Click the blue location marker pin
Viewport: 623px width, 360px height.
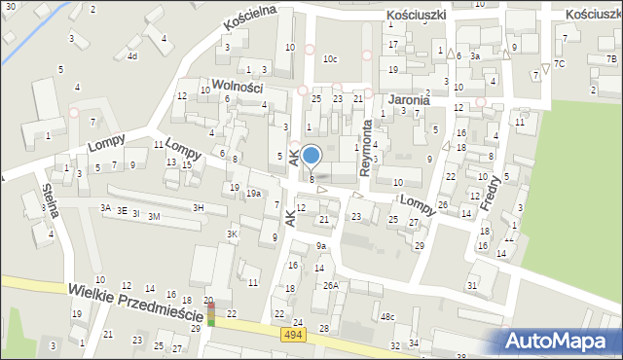tap(311, 156)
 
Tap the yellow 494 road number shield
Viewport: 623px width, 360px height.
tap(293, 335)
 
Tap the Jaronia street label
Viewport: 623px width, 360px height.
tap(408, 99)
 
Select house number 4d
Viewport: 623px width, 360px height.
tap(131, 56)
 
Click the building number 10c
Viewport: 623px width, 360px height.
tap(331, 59)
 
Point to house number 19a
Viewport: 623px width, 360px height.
tap(253, 194)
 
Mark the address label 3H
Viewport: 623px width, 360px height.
tap(198, 207)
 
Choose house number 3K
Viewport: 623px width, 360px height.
tap(232, 234)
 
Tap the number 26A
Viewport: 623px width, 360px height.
tap(331, 285)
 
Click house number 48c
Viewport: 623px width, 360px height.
tap(387, 317)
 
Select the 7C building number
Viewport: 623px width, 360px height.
tap(559, 63)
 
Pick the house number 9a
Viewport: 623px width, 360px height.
tap(320, 247)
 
